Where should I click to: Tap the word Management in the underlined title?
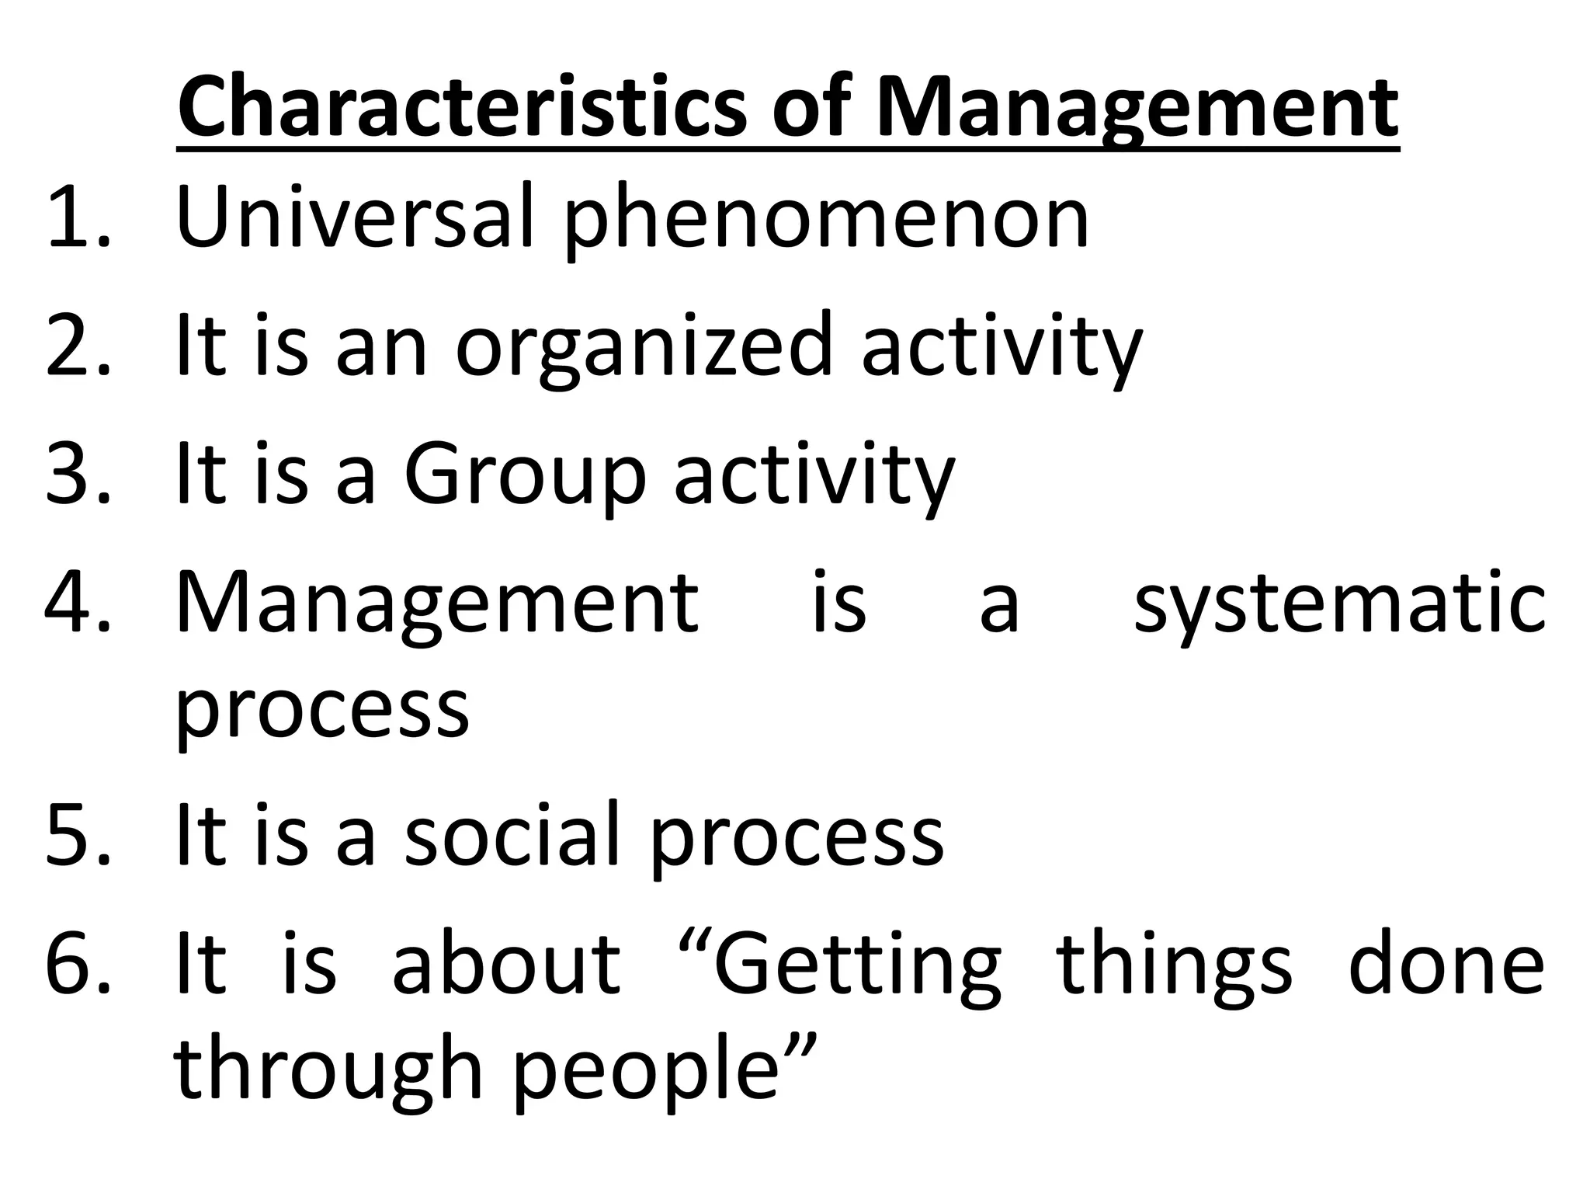click(1137, 109)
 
